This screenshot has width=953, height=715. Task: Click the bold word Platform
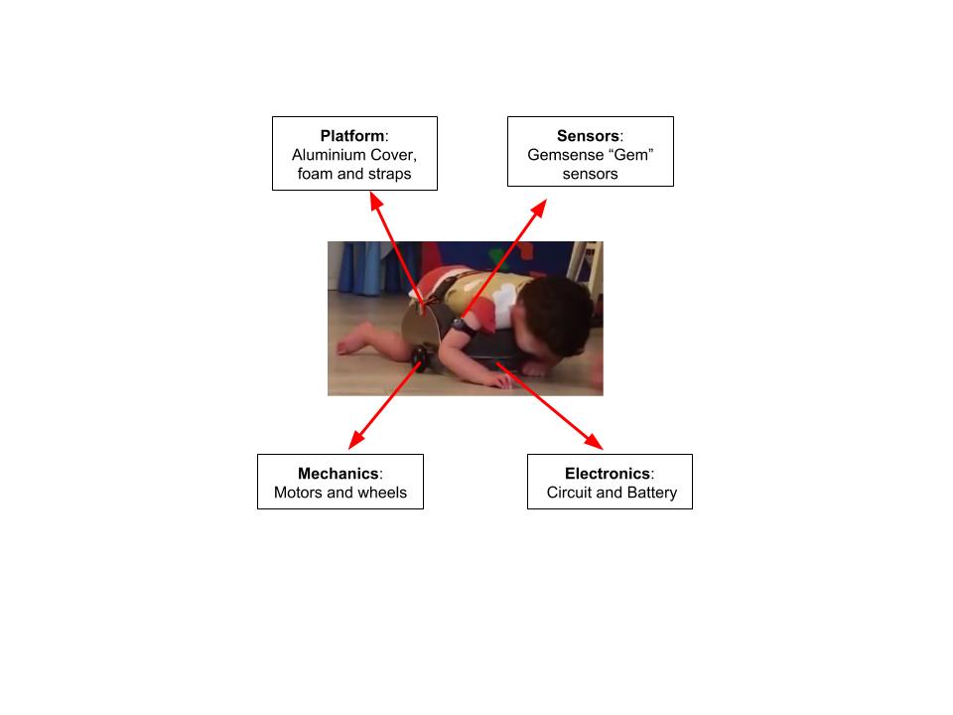click(351, 136)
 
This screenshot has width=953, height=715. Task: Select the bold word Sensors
click(588, 136)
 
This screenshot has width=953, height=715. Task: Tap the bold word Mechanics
click(338, 473)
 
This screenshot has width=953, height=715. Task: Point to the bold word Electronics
click(608, 473)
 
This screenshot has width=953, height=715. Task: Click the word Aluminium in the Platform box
click(328, 155)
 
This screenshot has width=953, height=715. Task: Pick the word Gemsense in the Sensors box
click(566, 155)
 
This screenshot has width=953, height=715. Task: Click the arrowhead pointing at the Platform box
click(376, 201)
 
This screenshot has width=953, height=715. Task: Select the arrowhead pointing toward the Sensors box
click(539, 207)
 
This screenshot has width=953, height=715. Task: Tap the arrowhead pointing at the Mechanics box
click(356, 440)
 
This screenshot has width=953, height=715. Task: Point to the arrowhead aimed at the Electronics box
click(594, 442)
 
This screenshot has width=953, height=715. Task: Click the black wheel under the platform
click(419, 357)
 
